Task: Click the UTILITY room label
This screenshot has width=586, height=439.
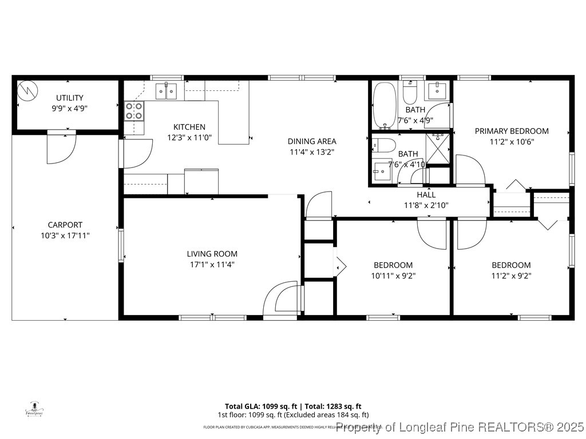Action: (x=69, y=98)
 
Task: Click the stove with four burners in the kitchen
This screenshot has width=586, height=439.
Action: (x=134, y=111)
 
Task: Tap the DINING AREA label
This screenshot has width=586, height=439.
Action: (x=312, y=141)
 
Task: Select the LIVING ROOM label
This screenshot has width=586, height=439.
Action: (x=212, y=254)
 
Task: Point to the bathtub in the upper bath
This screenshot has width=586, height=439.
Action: (x=384, y=105)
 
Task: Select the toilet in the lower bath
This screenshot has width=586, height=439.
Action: (x=382, y=146)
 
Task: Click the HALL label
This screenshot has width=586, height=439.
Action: (x=426, y=195)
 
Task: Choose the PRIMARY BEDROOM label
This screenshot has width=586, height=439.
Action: (x=511, y=131)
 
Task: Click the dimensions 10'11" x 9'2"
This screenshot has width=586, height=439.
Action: (x=393, y=276)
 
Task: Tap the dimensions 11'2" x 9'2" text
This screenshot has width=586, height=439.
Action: (x=511, y=276)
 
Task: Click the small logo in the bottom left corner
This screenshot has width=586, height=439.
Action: (x=37, y=409)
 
